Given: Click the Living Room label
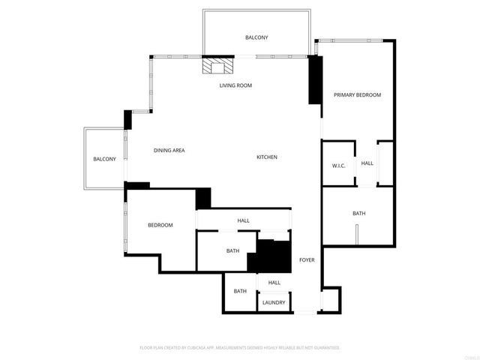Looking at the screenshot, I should coord(235,85).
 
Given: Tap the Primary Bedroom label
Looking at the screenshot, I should coord(358,95).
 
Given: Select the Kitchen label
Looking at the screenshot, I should coord(267,157).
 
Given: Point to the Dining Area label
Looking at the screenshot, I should coord(169,151).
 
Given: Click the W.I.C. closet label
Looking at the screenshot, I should coord(338,166).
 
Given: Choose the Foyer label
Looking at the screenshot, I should coord(307,260).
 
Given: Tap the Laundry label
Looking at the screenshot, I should coord(274,303).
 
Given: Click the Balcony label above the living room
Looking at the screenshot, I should coord(256,37).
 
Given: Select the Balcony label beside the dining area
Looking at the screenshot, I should coord(104,159).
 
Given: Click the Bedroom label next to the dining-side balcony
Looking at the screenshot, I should coord(160,225).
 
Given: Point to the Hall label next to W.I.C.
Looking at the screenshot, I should coord(367,163).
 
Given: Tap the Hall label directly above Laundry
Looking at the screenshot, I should coord(274,283).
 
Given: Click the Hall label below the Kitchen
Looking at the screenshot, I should coord(244,220).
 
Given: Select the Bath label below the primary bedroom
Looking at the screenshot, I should coord(359,214).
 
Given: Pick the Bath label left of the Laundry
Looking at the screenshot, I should coord(240,291).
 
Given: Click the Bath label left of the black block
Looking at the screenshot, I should coord(232,250).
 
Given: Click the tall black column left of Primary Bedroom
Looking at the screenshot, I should coord(315,80).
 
